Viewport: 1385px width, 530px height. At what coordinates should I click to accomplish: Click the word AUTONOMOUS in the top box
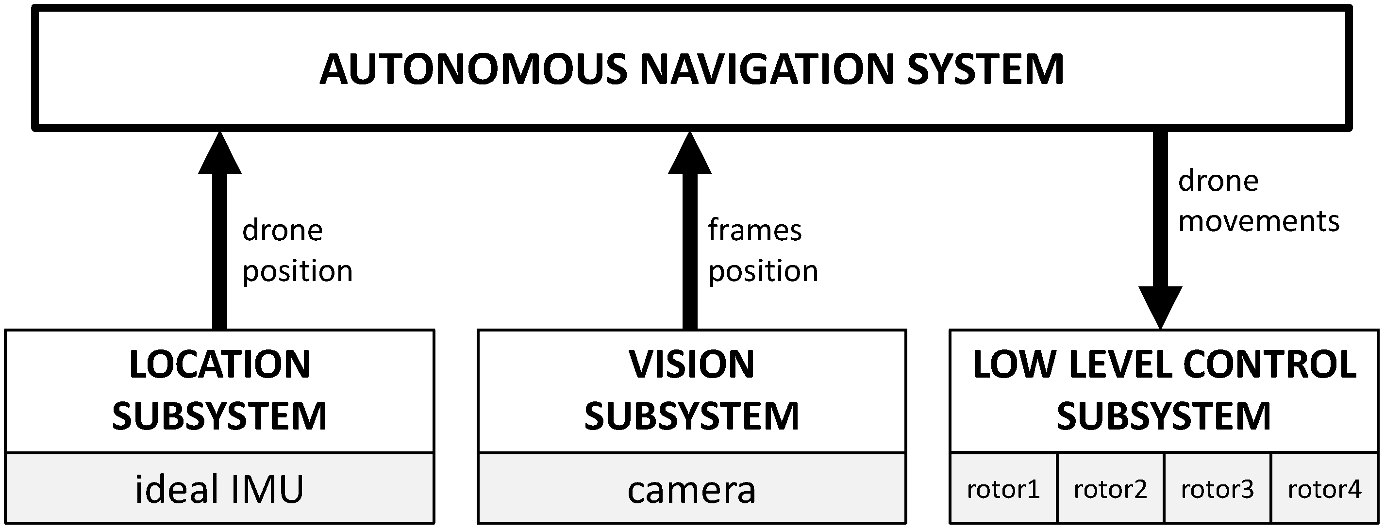473,70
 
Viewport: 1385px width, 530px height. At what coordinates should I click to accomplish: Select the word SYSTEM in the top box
985,70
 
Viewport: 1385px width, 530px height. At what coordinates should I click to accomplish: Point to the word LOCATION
219,364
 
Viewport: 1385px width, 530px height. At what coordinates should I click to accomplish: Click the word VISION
691,364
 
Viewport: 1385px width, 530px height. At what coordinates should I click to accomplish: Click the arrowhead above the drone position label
219,155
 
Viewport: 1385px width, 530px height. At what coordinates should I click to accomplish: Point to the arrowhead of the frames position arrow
690,155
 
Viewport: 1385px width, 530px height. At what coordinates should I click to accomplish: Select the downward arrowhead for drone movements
1160,306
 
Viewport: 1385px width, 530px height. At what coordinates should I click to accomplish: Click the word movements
1258,221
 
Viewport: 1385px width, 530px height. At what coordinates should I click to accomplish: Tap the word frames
754,230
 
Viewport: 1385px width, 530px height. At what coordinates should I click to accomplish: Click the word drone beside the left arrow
282,230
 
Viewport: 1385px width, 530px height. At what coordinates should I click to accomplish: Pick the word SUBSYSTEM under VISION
691,416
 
